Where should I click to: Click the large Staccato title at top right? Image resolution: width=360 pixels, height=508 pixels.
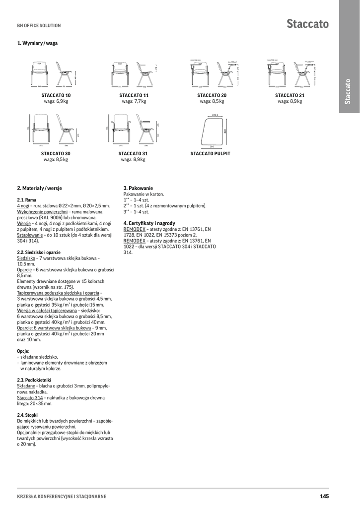tap(307, 23)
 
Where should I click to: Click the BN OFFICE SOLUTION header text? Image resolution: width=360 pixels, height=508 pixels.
tap(39, 25)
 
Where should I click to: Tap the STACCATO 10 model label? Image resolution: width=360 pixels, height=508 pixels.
tap(56, 95)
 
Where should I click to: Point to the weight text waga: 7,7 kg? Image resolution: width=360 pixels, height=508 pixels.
tap(134, 101)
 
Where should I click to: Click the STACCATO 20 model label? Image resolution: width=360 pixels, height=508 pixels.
tap(212, 95)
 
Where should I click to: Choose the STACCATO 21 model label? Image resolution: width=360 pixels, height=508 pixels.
tap(289, 95)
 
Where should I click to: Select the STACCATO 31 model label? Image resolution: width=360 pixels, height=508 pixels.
tap(133, 154)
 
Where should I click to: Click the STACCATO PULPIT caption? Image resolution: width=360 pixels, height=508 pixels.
tap(211, 154)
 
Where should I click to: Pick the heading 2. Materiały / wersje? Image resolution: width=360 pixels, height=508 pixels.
tap(40, 189)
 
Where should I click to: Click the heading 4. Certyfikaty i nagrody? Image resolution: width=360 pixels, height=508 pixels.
tap(149, 224)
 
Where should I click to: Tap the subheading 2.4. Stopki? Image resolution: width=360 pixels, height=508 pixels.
tap(28, 415)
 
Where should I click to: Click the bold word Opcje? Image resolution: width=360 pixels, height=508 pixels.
tap(23, 351)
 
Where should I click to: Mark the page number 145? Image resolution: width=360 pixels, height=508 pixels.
tap(324, 496)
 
